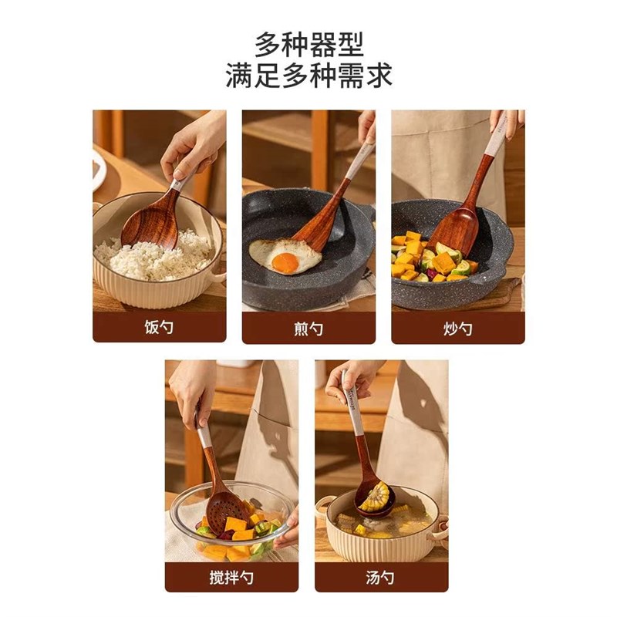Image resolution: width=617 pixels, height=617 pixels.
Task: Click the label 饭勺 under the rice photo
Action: [159, 328]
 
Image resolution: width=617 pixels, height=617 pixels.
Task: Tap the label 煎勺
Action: [308, 329]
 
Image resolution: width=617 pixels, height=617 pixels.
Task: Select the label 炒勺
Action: [457, 328]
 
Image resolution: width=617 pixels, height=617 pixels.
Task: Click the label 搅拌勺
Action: [231, 577]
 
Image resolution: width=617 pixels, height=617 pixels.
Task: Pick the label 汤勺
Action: [381, 577]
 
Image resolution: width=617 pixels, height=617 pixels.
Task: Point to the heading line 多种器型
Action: [308, 44]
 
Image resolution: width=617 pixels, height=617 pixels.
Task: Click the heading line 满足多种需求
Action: [308, 76]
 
